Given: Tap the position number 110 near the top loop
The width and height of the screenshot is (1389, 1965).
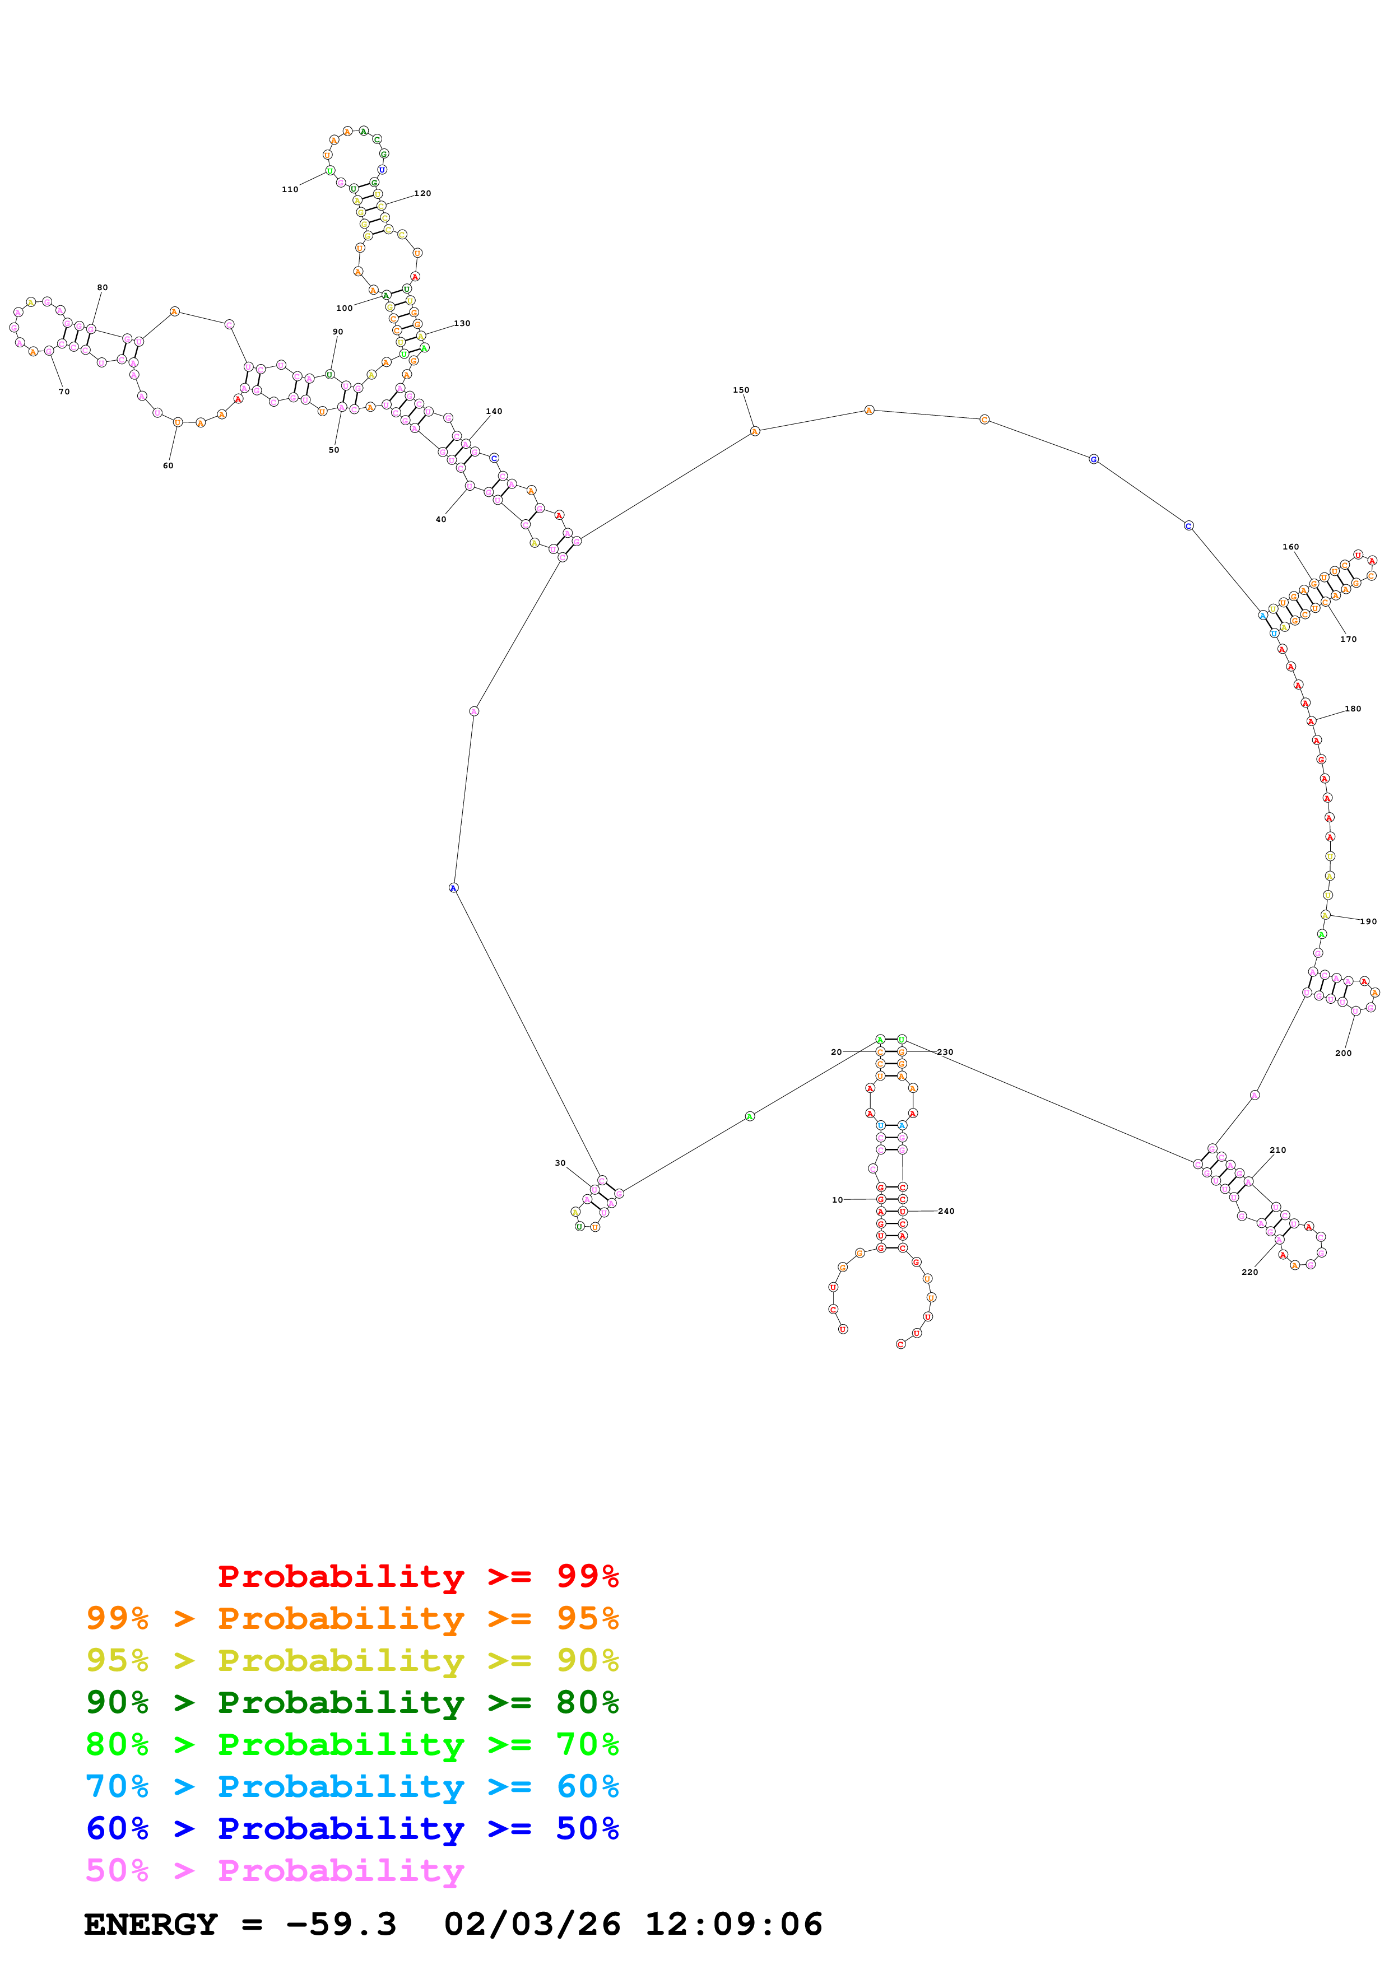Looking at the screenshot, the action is click(290, 189).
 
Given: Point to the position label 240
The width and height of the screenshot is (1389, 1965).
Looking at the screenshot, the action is click(946, 1211).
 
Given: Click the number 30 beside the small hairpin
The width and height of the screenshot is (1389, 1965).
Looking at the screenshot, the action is click(560, 1163).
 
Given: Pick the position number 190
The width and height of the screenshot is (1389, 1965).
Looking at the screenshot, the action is click(1368, 922).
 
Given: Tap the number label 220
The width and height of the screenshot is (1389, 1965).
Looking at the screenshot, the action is click(1249, 1272).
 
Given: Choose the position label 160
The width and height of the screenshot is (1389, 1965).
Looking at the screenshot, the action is click(1290, 547).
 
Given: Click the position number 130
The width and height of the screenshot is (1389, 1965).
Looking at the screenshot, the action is click(462, 324).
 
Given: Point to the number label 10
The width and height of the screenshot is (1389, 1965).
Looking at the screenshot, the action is click(837, 1200).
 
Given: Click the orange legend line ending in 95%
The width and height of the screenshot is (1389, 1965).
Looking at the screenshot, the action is click(352, 1618).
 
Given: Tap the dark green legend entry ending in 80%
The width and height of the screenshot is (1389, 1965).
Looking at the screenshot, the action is click(352, 1702).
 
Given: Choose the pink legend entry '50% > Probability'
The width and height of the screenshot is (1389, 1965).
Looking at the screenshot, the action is click(274, 1870).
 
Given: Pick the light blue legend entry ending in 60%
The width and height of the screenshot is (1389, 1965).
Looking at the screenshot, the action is click(352, 1786).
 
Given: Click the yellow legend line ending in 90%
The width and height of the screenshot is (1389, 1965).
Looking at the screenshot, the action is click(352, 1660).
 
